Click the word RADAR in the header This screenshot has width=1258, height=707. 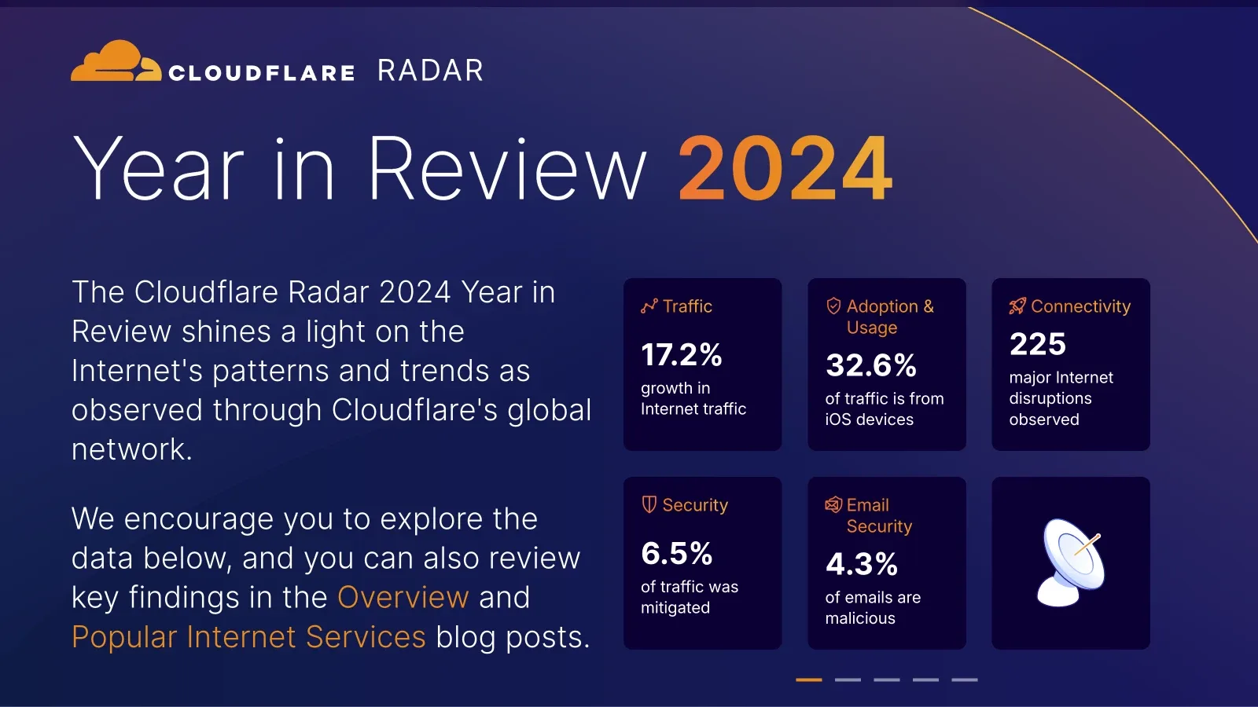click(430, 71)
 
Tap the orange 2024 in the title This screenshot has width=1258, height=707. click(785, 168)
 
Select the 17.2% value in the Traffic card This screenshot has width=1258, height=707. click(681, 354)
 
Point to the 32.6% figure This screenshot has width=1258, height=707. click(870, 365)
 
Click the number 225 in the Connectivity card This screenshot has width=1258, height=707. click(1037, 344)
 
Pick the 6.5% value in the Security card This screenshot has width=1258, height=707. click(677, 553)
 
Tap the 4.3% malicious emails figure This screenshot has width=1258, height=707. click(862, 564)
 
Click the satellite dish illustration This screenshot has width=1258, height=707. click(1070, 562)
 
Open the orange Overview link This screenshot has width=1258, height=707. click(403, 596)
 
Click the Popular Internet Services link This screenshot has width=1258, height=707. click(248, 637)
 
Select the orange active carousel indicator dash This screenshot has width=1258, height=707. click(809, 680)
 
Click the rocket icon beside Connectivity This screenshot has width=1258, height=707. click(1017, 306)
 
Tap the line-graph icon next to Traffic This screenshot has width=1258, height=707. click(649, 306)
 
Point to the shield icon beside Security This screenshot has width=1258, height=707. click(649, 504)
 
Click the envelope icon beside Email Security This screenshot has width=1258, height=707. click(833, 504)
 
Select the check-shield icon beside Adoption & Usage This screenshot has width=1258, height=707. click(833, 306)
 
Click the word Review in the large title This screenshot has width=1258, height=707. click(506, 168)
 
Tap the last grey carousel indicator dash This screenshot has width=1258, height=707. click(964, 680)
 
